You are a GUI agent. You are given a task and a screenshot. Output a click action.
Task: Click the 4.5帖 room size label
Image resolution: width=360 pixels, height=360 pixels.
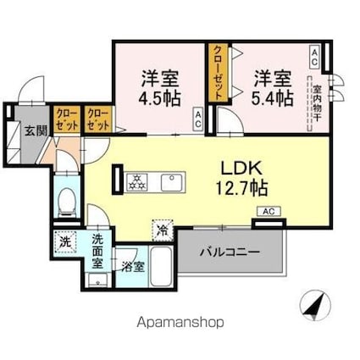(159, 97)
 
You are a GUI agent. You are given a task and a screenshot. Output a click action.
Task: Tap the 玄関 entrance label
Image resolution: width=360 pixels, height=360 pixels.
(35, 130)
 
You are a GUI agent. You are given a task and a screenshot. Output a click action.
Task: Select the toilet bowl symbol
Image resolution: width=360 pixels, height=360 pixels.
(67, 201)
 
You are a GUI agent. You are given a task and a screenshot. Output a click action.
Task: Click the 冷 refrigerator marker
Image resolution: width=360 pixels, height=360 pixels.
(160, 228)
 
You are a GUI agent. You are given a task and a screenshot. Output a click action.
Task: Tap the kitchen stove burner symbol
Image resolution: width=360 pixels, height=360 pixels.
(136, 180)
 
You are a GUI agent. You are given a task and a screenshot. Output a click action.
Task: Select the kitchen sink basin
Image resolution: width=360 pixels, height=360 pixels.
(172, 180)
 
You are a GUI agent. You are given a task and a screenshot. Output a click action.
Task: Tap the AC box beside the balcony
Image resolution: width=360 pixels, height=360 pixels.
(268, 212)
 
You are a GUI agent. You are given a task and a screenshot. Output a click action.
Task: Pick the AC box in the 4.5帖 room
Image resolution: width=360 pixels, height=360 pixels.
(197, 118)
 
